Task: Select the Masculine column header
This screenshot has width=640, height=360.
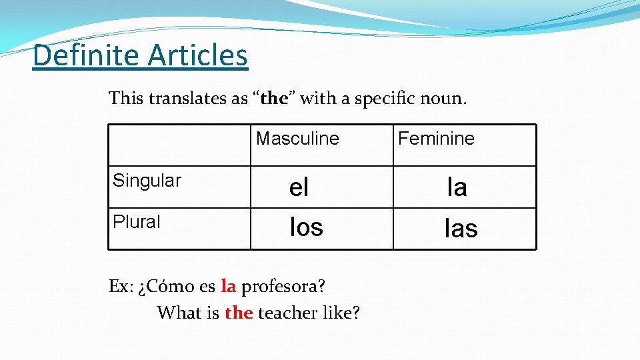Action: [x=297, y=139]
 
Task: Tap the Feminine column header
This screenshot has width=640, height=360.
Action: [x=436, y=139]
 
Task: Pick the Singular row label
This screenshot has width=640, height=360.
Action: [x=147, y=181]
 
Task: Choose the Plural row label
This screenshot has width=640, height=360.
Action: [x=137, y=222]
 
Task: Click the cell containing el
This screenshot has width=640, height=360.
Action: [x=299, y=188]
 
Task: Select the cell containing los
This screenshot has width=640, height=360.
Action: [x=306, y=227]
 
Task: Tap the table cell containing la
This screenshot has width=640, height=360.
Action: [x=457, y=187]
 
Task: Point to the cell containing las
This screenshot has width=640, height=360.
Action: [x=461, y=229]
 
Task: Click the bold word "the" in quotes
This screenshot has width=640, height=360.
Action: [x=273, y=99]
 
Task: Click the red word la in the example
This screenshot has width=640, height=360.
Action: [x=228, y=287]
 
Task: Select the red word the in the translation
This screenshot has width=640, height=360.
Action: [x=239, y=312]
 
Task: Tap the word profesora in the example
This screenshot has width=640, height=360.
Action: [x=283, y=287]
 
